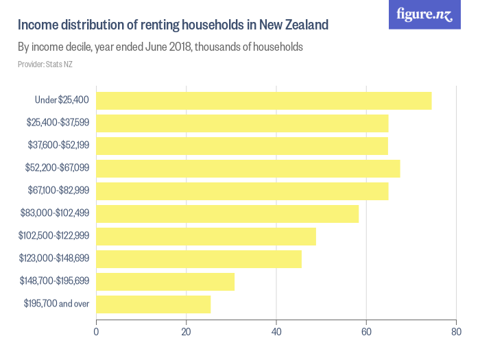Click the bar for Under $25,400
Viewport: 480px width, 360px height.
click(264, 101)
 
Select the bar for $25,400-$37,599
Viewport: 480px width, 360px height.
click(242, 123)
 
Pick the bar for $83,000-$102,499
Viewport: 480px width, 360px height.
click(228, 214)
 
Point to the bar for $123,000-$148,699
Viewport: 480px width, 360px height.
click(199, 259)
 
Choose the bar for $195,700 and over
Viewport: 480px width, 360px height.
click(154, 304)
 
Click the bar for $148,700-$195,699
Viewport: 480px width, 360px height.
click(165, 282)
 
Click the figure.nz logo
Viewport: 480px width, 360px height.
click(424, 15)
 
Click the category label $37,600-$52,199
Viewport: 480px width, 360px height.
click(58, 145)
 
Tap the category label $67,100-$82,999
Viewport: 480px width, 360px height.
click(58, 191)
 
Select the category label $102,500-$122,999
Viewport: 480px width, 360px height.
click(54, 236)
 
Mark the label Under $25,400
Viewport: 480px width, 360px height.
click(62, 101)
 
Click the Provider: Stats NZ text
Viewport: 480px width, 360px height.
click(45, 64)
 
